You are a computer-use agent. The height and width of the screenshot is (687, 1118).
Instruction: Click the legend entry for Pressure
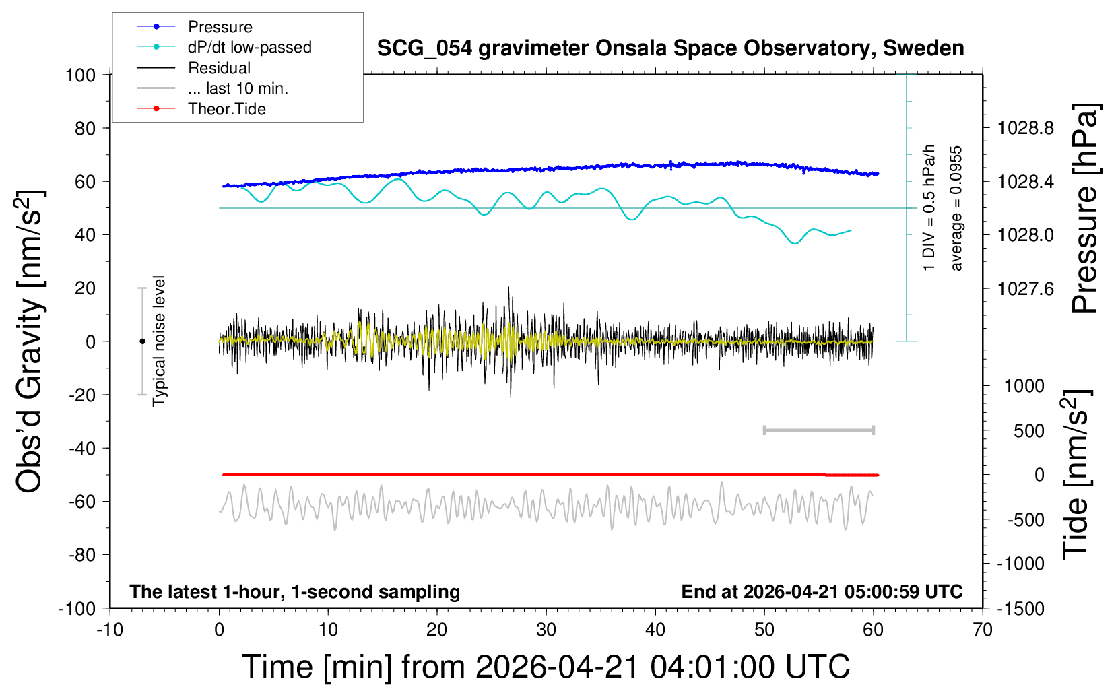click(x=220, y=27)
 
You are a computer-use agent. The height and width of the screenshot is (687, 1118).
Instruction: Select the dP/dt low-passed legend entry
click(x=249, y=47)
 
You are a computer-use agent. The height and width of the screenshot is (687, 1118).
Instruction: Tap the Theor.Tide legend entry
click(x=226, y=109)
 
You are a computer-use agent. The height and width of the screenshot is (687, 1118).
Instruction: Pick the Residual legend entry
click(x=219, y=68)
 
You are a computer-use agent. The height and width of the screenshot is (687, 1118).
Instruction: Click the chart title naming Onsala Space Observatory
click(x=670, y=48)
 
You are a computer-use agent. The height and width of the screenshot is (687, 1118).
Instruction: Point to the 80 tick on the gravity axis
click(x=86, y=128)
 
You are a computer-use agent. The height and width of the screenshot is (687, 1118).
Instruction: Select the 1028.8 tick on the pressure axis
click(x=1025, y=128)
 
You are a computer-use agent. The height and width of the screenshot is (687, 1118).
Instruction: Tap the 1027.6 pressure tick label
click(x=1025, y=288)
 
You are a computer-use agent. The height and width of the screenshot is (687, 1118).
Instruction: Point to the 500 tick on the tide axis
click(x=1028, y=431)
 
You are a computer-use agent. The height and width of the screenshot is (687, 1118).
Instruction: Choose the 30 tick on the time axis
click(x=546, y=630)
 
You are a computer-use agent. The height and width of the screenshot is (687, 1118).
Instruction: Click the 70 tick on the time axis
click(x=983, y=630)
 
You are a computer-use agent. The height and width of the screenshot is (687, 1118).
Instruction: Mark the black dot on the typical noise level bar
click(x=142, y=341)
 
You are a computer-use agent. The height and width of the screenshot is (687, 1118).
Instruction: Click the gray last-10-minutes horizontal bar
click(x=818, y=430)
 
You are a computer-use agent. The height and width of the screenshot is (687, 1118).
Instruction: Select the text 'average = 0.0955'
click(x=956, y=208)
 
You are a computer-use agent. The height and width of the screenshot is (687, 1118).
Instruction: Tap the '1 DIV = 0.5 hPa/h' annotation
click(x=929, y=207)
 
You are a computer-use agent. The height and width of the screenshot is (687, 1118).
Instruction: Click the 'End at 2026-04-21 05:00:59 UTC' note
click(x=822, y=591)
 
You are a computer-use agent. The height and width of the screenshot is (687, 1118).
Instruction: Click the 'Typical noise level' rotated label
click(x=159, y=341)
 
